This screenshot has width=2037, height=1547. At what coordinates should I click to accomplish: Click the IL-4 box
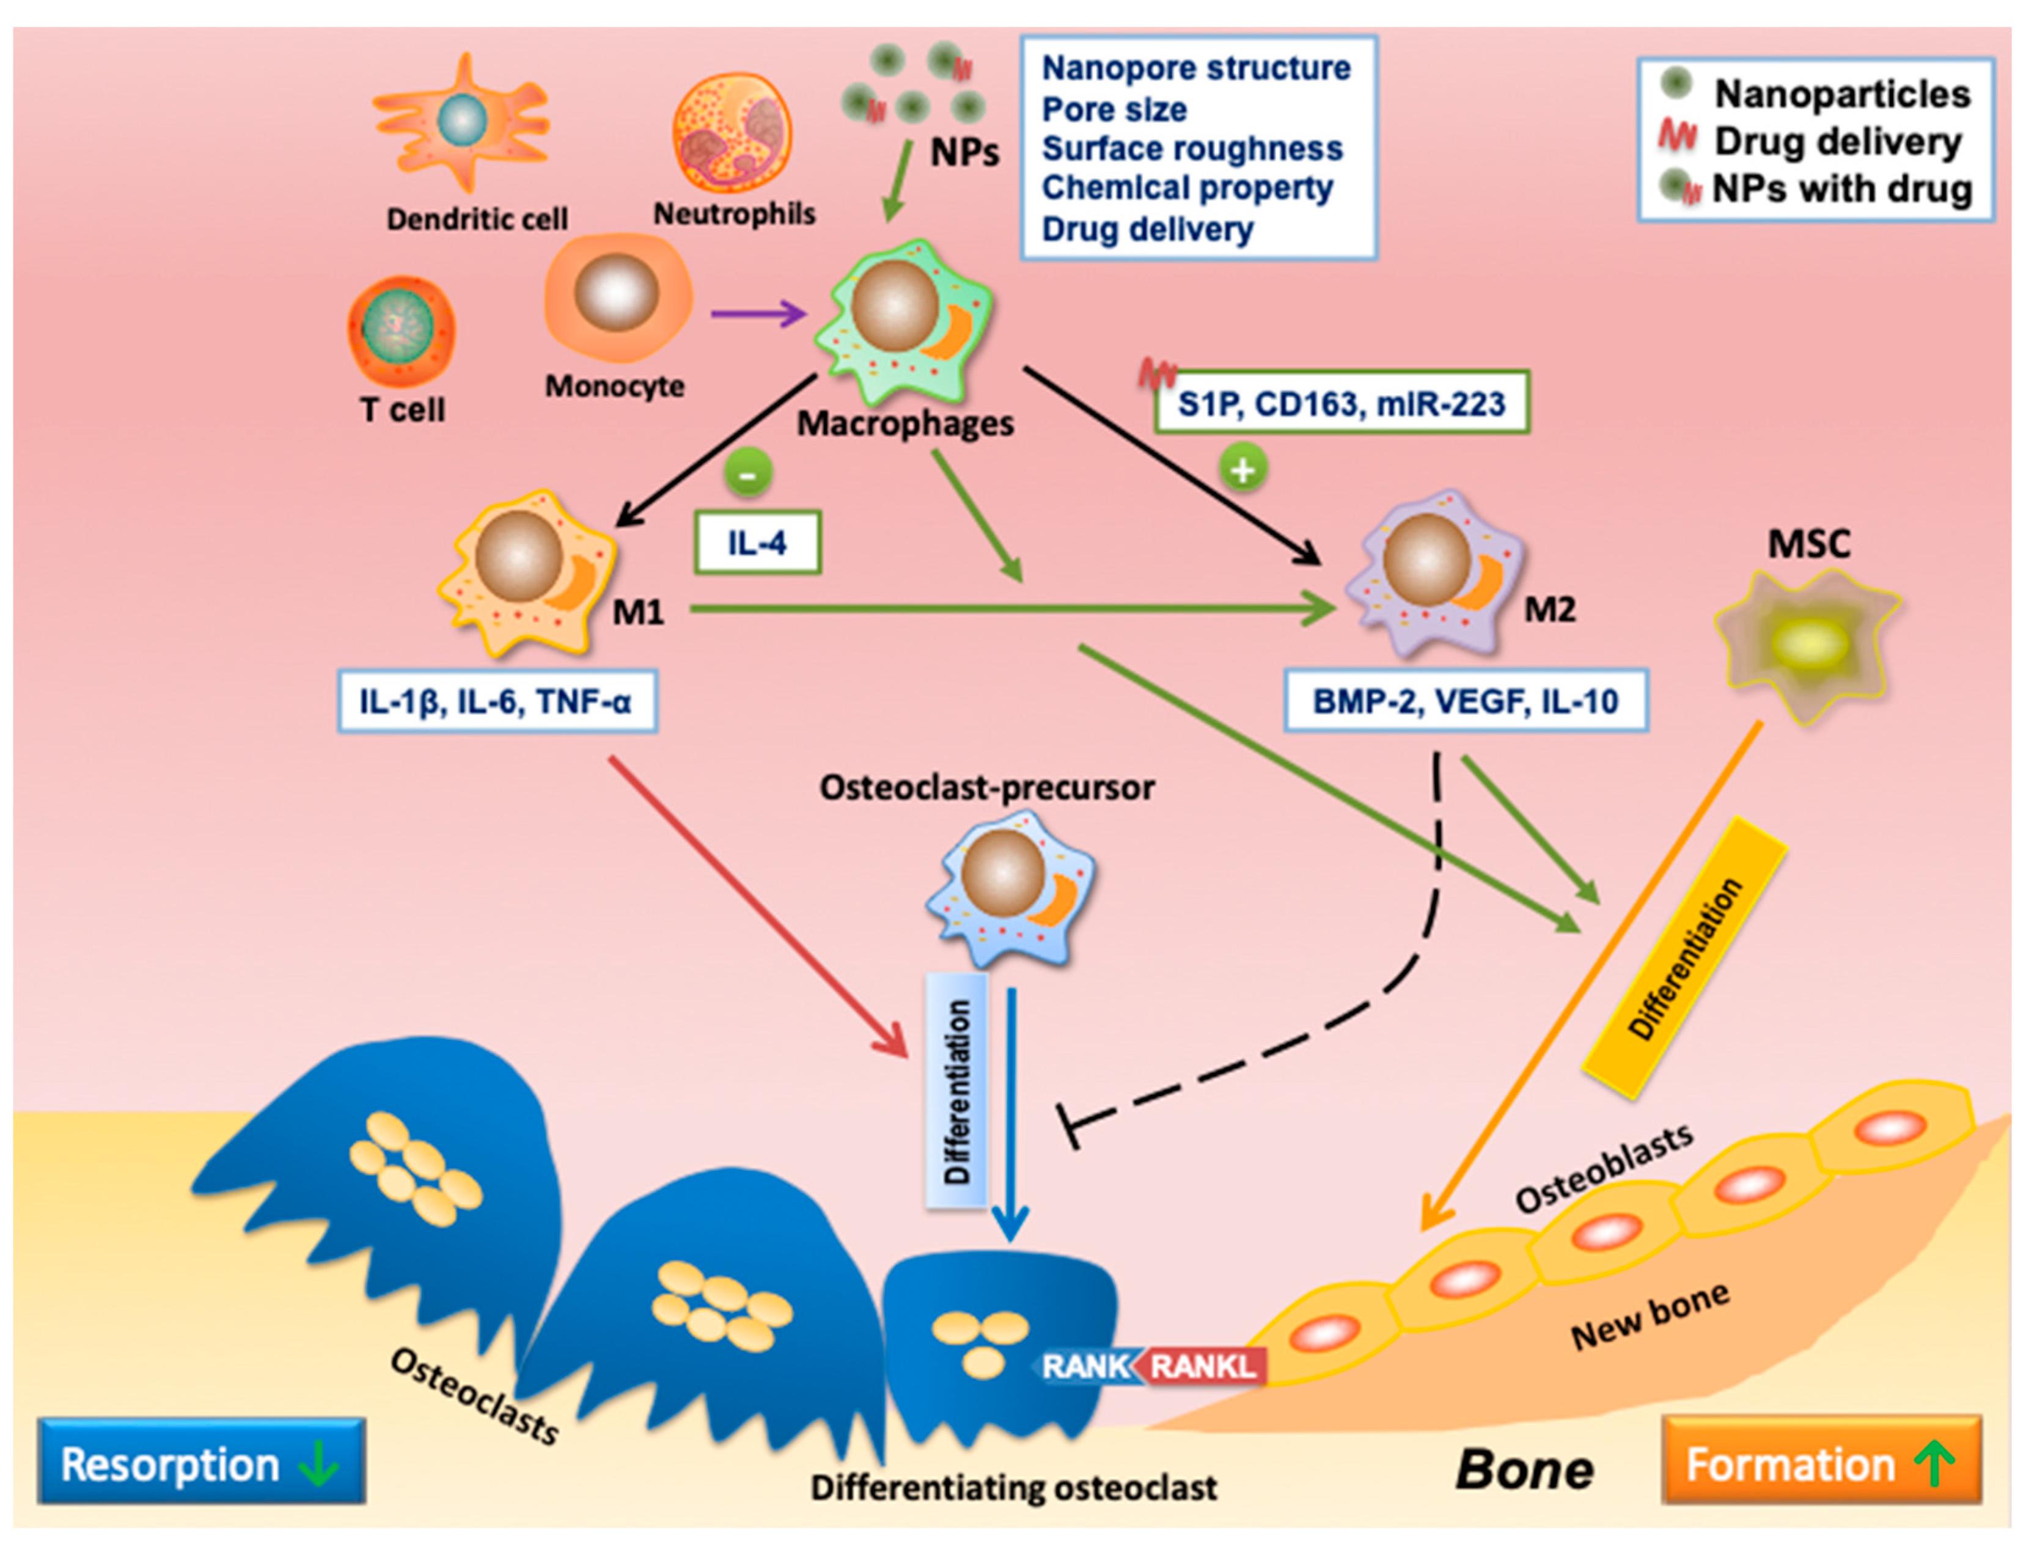pos(757,543)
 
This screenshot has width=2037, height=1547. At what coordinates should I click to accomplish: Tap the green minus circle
pos(748,474)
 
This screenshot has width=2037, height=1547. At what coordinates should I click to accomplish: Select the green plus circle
pos(1243,470)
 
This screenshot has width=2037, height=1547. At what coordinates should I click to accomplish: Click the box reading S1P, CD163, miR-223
pos(1341,403)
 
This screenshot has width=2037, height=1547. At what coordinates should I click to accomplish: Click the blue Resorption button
pos(200,1463)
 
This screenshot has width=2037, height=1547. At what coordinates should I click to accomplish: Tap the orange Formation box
pos(1821,1463)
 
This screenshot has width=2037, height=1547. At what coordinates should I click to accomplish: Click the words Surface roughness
pos(1192,148)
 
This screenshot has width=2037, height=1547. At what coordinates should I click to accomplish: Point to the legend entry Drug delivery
pos(1837,142)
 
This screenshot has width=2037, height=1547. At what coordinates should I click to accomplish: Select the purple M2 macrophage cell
pos(1432,571)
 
